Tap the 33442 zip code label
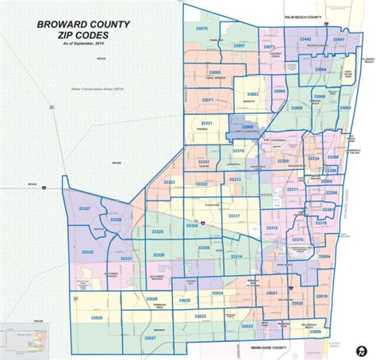tap(305, 39)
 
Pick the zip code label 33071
tap(207, 101)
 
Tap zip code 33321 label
tap(206, 125)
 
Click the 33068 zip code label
tap(247, 127)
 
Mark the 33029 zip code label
tap(151, 297)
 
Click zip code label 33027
tap(150, 337)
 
